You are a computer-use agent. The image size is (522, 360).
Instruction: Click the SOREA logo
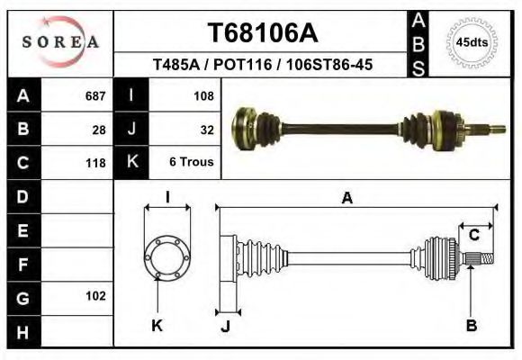tap(60, 41)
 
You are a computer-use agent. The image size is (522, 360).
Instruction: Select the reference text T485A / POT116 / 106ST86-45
tap(263, 66)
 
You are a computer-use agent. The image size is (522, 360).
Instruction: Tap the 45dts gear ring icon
tap(472, 42)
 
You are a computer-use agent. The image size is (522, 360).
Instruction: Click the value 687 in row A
tap(94, 95)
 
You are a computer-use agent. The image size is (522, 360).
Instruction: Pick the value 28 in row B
tap(99, 129)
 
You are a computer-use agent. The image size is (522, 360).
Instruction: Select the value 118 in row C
tap(94, 163)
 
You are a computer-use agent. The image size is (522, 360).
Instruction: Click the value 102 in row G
tap(94, 295)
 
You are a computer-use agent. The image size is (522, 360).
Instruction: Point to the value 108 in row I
tap(202, 95)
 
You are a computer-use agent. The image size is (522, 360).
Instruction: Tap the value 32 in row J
tap(206, 129)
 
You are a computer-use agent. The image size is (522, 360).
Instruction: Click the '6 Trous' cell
tap(192, 163)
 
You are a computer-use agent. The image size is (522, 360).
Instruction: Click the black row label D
tap(22, 195)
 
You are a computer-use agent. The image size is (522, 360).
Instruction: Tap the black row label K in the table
tap(132, 163)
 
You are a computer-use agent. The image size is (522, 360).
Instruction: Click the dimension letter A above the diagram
tap(346, 199)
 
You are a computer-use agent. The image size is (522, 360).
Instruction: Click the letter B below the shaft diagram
tap(471, 326)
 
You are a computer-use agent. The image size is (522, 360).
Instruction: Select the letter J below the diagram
tap(225, 326)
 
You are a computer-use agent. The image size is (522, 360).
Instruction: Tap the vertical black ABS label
tap(418, 42)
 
